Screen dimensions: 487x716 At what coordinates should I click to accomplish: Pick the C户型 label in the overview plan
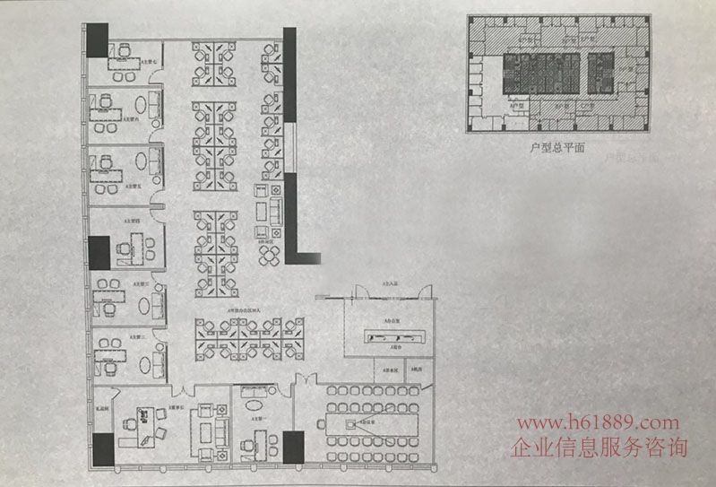(x=586, y=106)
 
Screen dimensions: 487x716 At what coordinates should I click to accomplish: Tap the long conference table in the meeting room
(x=363, y=421)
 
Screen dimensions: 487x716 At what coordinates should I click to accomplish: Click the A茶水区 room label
(x=389, y=369)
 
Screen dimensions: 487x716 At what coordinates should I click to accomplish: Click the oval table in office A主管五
(x=143, y=162)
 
